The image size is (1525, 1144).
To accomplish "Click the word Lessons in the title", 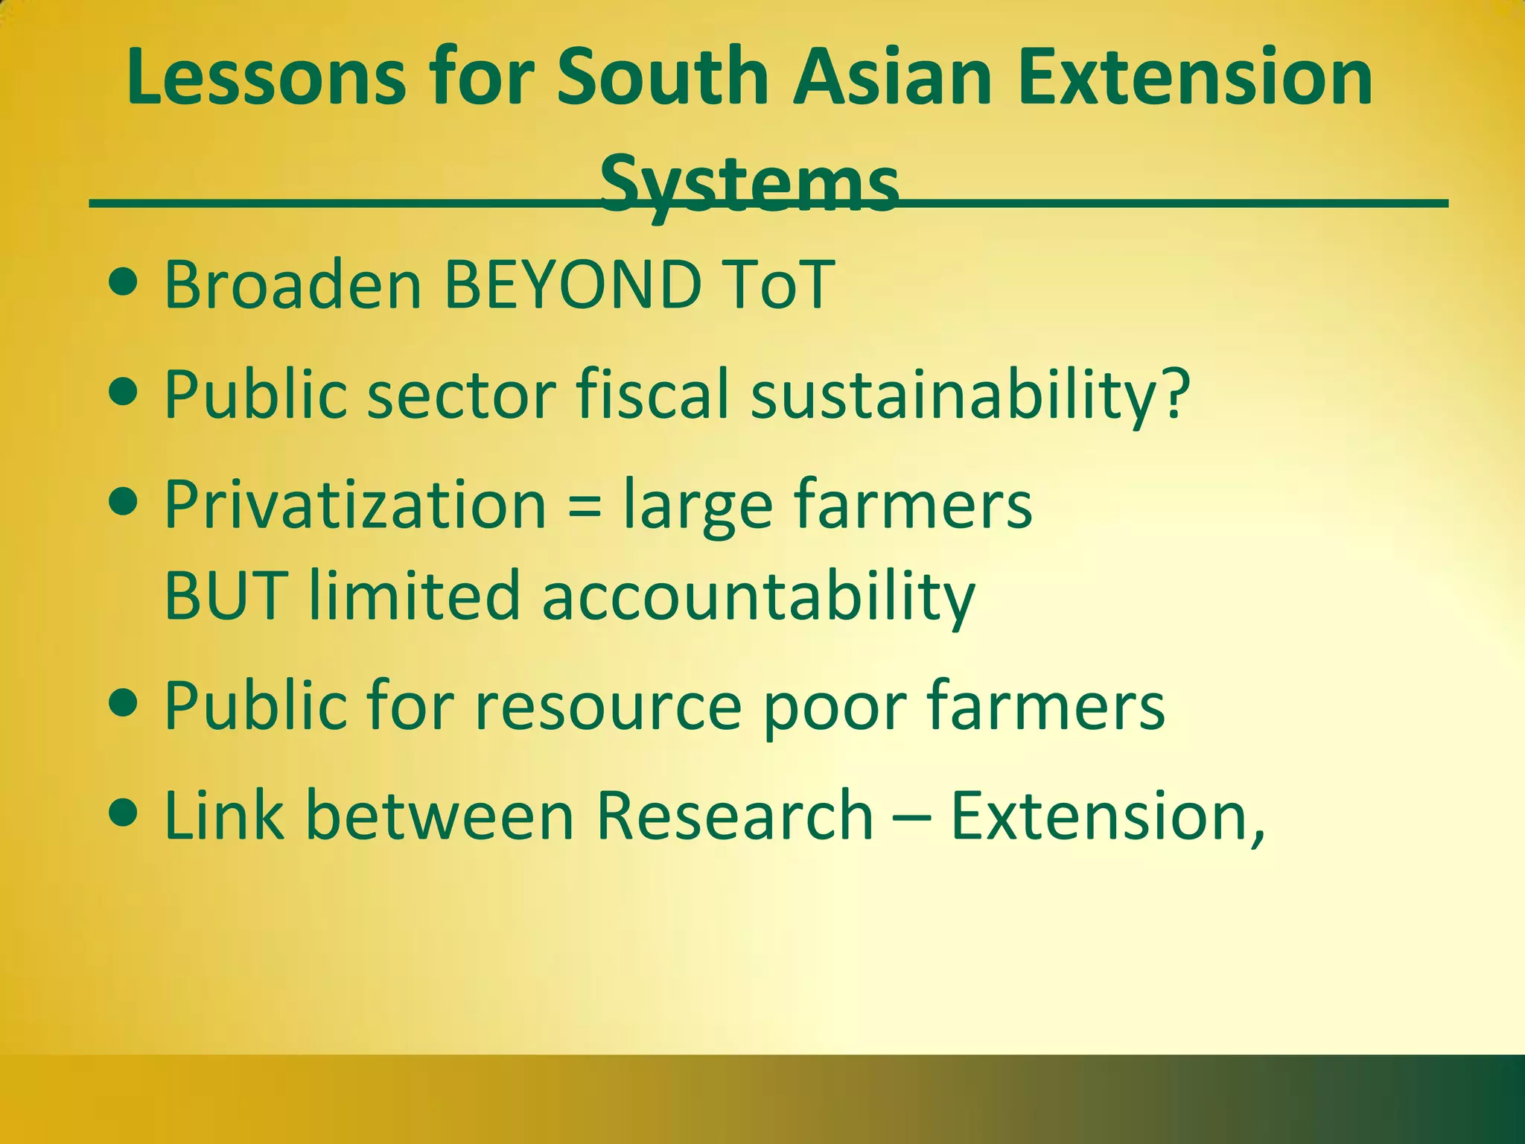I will pyautogui.click(x=267, y=77).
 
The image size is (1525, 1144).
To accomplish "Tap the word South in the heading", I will pyautogui.click(x=663, y=77).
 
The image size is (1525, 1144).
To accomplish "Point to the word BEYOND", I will pyautogui.click(x=573, y=285).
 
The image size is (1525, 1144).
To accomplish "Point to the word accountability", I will pyautogui.click(x=758, y=596).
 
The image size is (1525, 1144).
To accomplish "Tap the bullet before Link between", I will pyautogui.click(x=123, y=813).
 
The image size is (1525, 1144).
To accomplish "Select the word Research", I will pyautogui.click(x=734, y=816).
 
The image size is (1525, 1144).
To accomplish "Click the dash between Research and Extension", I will pyautogui.click(x=911, y=817).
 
